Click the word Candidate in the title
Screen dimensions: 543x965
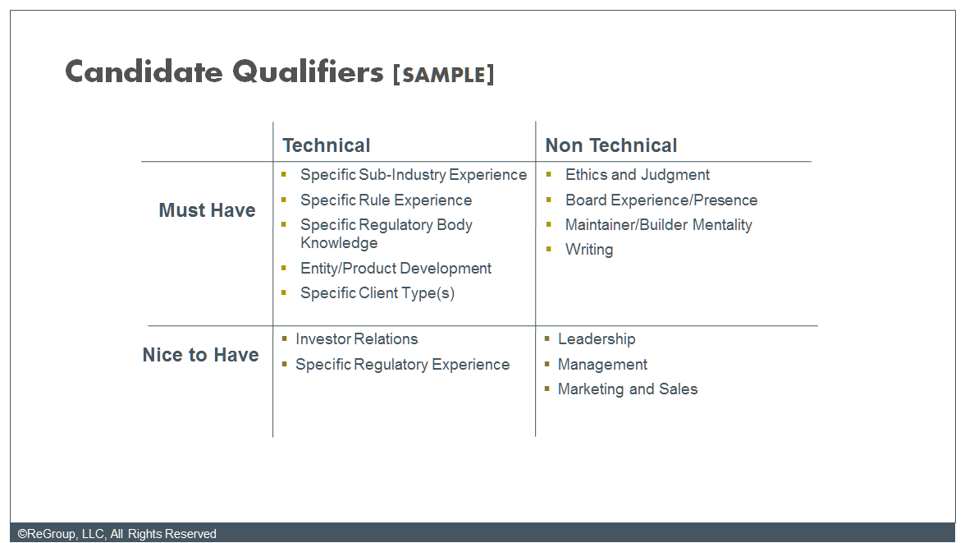(144, 72)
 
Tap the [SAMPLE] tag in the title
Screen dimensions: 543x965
(443, 75)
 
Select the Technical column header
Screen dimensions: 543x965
(327, 145)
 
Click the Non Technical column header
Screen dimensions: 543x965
(611, 145)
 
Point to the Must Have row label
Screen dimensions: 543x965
(207, 210)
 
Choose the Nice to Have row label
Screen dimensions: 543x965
(200, 355)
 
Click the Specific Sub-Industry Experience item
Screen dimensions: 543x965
(413, 175)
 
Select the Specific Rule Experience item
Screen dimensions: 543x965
(386, 200)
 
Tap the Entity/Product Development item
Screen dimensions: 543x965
(396, 269)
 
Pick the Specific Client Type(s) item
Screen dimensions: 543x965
(377, 293)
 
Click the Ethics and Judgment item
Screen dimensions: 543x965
(637, 175)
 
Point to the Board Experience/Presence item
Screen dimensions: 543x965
(661, 200)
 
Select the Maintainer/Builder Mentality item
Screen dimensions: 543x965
(658, 225)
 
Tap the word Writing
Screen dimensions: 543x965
(588, 250)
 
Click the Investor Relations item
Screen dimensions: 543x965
(356, 339)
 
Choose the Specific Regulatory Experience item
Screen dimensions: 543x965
(402, 365)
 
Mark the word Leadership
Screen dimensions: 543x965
(596, 339)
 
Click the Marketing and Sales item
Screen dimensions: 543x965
(627, 389)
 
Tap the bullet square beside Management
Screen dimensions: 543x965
(547, 363)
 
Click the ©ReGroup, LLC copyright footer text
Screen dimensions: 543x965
(117, 534)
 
